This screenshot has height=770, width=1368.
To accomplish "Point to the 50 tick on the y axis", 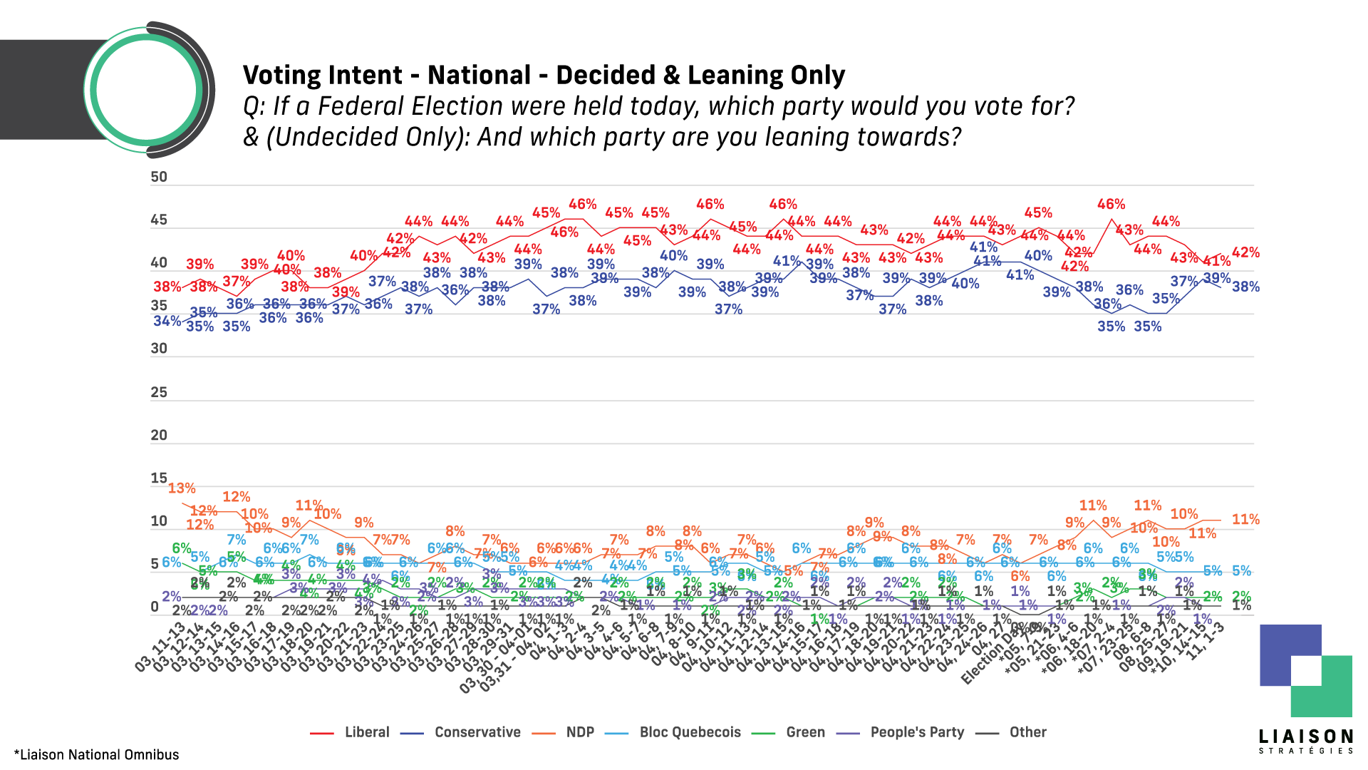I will coord(159,177).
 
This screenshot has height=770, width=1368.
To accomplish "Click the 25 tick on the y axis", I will coord(159,392).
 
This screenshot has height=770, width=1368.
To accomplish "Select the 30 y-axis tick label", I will coord(159,349).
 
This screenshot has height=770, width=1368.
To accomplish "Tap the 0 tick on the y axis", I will coord(155,607).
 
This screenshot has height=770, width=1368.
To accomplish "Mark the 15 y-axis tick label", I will coord(159,478).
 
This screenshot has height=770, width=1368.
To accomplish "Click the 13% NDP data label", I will coord(182,488).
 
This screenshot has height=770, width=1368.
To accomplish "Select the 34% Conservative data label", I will coord(167,321).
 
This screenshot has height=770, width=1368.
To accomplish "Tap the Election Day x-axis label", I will coord(987,659).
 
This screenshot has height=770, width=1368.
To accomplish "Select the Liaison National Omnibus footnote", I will coord(97,755).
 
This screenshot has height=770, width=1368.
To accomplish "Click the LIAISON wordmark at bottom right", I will coord(1305,737).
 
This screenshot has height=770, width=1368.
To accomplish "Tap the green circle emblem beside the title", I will coord(146,90).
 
